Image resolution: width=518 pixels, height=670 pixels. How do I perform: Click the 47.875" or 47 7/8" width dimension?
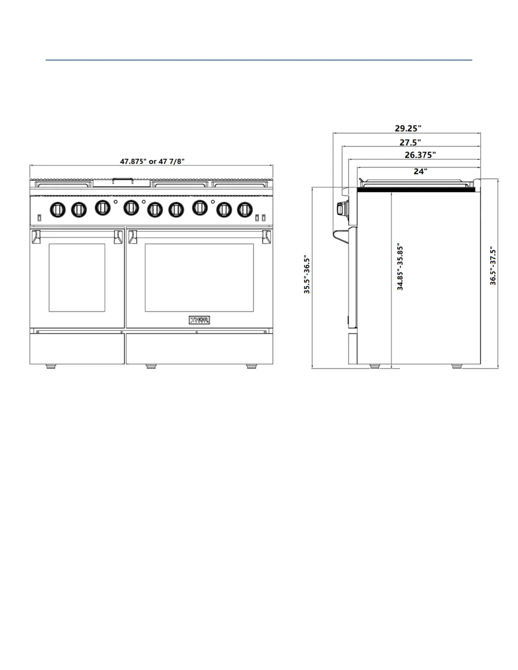click(152, 161)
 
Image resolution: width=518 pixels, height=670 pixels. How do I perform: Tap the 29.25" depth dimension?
click(408, 128)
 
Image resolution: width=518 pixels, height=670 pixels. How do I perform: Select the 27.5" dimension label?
click(410, 143)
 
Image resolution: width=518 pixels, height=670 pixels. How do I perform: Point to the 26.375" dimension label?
click(420, 155)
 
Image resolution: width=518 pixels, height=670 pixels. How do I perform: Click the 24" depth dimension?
click(420, 171)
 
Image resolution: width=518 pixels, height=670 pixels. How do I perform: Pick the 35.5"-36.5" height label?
click(307, 274)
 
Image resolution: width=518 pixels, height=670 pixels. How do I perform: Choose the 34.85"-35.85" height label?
click(400, 266)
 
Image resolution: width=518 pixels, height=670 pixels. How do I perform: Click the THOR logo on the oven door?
click(199, 320)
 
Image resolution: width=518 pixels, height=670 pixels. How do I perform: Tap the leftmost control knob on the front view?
click(58, 210)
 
